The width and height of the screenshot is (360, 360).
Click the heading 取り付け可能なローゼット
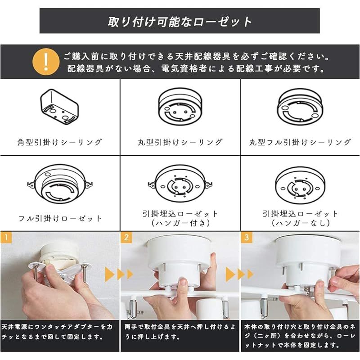tap(180, 21)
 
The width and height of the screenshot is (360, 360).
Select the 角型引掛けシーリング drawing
tap(60, 107)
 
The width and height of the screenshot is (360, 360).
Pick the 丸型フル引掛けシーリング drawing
tap(300, 107)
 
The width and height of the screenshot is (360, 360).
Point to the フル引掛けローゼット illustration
tap(60, 184)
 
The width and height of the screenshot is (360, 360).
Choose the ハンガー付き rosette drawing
tap(180, 184)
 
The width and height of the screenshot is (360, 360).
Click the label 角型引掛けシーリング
tap(60, 142)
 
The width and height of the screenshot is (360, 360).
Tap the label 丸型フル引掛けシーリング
tap(300, 142)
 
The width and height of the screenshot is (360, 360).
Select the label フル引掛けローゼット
tap(60, 218)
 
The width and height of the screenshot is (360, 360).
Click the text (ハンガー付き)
tap(180, 223)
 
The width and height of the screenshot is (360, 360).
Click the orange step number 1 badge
tap(5, 236)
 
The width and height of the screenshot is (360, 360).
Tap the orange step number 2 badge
tap(126, 236)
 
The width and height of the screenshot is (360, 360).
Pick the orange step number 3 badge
tap(247, 236)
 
